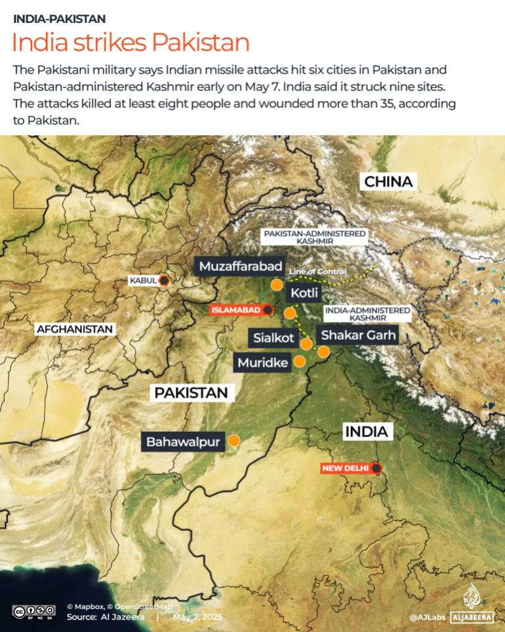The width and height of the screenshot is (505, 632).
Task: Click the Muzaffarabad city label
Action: [241, 266]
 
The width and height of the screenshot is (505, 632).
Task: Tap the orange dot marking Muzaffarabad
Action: [277, 285]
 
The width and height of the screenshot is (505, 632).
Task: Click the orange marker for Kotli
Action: [290, 313]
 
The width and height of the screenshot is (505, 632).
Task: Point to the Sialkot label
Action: [274, 338]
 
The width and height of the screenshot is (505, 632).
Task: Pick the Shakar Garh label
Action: [358, 335]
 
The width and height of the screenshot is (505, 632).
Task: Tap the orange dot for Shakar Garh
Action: [323, 352]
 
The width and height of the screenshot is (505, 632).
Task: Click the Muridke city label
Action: [263, 362]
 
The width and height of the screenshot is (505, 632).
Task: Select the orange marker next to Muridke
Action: [300, 361]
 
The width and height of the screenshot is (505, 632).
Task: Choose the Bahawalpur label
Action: [183, 442]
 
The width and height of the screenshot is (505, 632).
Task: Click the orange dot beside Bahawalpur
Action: [233, 442]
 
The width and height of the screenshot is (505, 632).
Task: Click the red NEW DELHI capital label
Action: [346, 468]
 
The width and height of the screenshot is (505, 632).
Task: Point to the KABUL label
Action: [144, 281]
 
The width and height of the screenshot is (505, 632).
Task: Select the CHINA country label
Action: [388, 182]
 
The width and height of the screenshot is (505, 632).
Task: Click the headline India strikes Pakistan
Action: [131, 43]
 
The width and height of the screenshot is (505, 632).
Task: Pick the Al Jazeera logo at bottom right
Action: [472, 604]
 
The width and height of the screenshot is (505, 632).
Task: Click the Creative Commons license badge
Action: [33, 611]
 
